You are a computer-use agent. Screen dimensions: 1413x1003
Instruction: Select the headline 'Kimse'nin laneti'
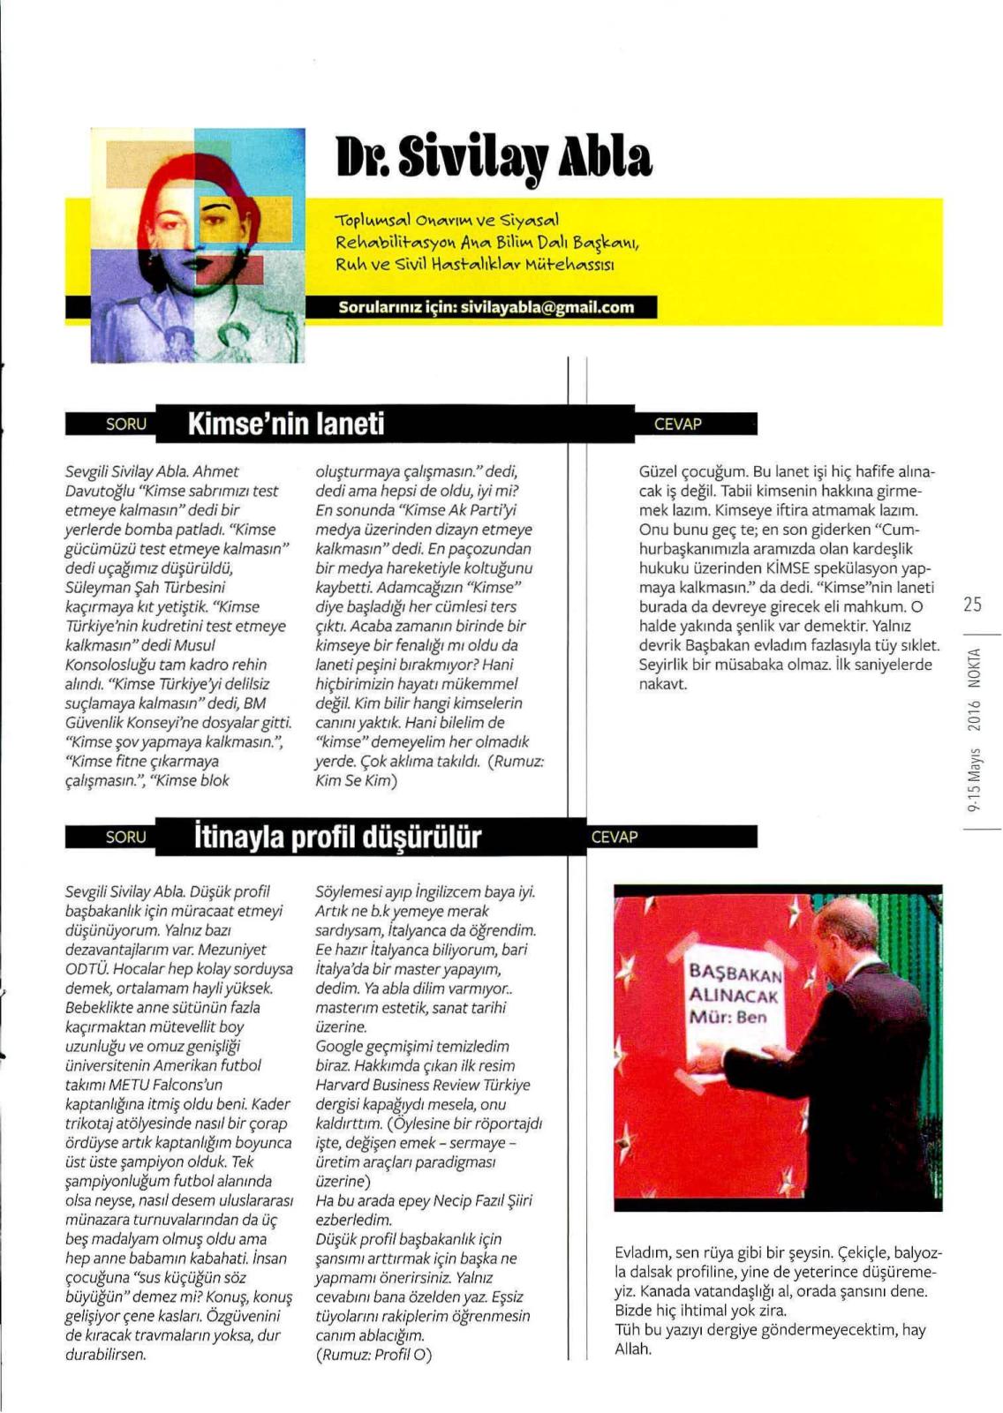286,424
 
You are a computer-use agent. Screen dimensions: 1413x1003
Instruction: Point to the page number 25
972,605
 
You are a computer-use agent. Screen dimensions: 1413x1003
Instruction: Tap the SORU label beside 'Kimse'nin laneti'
125,424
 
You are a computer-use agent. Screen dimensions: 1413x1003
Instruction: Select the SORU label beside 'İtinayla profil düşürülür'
125,837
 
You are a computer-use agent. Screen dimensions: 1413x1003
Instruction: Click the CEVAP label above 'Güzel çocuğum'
678,424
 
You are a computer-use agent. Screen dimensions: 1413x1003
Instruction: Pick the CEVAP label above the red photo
615,837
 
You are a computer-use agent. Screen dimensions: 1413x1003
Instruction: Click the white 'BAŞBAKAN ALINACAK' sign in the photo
735,995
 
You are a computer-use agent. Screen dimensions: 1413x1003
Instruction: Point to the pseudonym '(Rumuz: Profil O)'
373,1354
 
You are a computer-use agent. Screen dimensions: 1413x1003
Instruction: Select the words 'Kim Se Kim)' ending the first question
357,780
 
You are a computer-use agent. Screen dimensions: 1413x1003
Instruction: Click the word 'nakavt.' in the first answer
662,684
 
